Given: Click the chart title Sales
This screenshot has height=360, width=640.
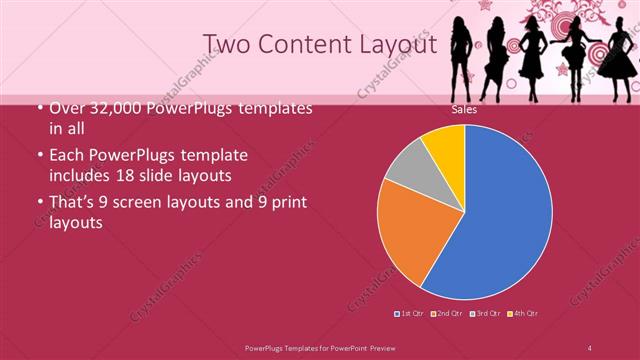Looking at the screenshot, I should coord(464,110).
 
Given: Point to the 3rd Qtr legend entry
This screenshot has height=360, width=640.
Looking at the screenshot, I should coord(484,315).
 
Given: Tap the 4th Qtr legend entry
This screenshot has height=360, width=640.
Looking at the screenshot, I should coord(522,315).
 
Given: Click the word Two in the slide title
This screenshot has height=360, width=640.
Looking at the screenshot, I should coord(227,43).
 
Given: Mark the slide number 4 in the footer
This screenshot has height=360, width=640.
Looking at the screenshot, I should coord(590,347).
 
